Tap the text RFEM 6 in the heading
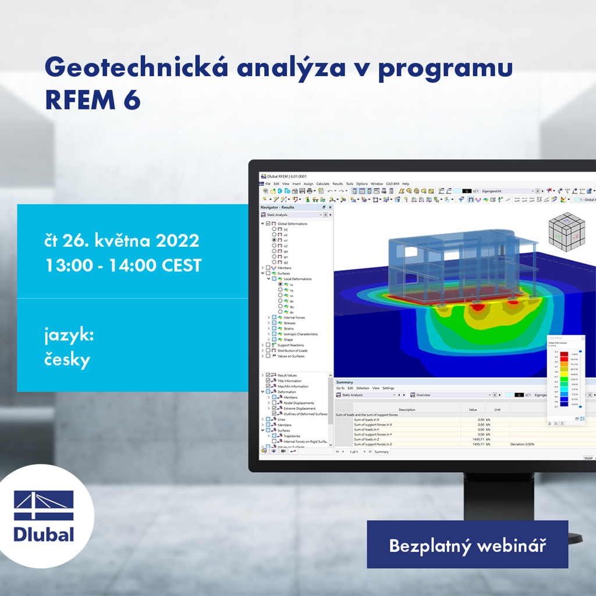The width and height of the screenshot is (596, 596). (93, 100)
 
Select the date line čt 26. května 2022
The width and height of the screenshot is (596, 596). (122, 240)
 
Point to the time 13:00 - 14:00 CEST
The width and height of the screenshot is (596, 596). (123, 265)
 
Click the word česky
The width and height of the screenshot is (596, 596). (68, 360)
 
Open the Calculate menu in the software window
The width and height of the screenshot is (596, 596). (322, 184)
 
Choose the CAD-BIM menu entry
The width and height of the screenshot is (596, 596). (392, 184)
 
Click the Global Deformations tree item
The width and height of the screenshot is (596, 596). (292, 223)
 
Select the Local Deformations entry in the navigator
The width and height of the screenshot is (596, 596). (297, 279)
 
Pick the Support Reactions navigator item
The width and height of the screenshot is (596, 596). (292, 345)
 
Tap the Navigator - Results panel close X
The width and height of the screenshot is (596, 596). (331, 207)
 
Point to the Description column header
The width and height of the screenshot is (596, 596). (407, 410)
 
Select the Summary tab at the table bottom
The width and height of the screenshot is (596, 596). (381, 452)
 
